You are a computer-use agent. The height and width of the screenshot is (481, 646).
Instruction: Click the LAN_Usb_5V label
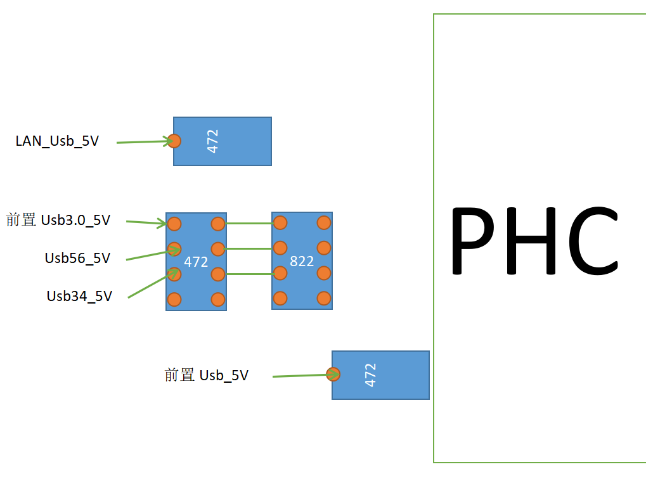click(x=57, y=141)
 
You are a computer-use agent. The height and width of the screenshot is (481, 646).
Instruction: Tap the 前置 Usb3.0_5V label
click(x=58, y=220)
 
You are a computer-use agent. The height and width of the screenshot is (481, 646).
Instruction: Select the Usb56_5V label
click(x=77, y=258)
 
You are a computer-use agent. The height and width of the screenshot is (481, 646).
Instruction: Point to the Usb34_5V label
click(x=79, y=296)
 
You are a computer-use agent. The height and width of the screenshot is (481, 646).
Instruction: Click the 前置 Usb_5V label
click(x=207, y=375)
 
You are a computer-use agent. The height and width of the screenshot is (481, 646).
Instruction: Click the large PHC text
click(x=534, y=241)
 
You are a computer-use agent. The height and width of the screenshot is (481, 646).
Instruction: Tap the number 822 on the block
click(x=302, y=261)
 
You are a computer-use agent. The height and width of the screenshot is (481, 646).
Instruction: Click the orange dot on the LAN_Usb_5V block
click(x=174, y=141)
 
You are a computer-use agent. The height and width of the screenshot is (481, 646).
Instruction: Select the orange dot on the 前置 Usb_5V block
click(x=333, y=374)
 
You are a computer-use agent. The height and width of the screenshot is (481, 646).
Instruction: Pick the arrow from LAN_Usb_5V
click(x=144, y=142)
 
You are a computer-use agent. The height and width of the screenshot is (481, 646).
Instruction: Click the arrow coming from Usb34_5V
click(x=152, y=285)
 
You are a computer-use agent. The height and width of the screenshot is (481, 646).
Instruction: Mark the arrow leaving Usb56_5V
click(x=151, y=254)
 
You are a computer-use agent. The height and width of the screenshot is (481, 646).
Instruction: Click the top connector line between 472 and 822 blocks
click(x=249, y=223)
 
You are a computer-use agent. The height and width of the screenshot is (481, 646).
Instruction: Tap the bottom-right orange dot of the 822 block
click(x=323, y=298)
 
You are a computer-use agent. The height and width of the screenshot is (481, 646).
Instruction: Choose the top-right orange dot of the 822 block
click(x=323, y=222)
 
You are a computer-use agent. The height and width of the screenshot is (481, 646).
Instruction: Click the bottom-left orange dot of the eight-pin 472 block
click(x=174, y=299)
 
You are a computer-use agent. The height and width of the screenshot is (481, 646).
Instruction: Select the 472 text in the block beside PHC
click(x=371, y=375)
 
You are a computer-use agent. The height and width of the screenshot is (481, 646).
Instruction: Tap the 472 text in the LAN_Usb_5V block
click(x=213, y=141)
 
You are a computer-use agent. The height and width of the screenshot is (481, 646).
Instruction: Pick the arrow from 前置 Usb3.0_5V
click(x=146, y=222)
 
